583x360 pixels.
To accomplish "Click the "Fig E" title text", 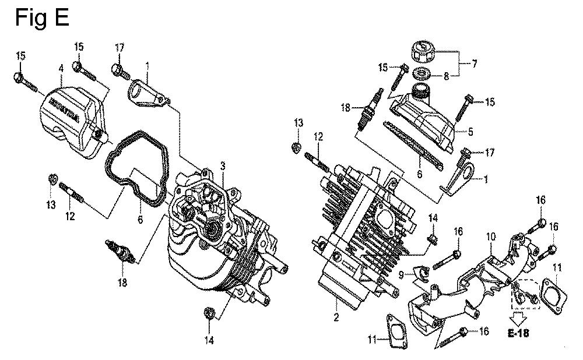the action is coord(42,17).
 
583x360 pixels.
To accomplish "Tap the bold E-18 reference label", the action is coord(518,333).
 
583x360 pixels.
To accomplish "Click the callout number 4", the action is coord(61,68).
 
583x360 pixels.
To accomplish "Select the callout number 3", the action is coord(223,166).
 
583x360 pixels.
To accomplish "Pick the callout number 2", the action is coord(336,317).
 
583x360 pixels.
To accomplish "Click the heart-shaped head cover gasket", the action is coord(136,167).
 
